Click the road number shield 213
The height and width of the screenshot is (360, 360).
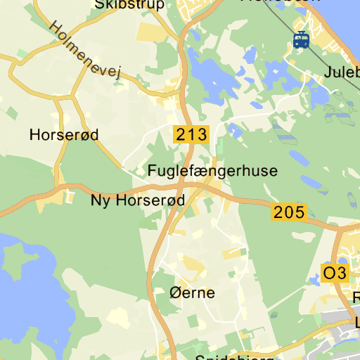(x=192, y=134)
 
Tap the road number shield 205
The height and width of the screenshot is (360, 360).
(x=290, y=212)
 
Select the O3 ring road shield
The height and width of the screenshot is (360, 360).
(x=335, y=274)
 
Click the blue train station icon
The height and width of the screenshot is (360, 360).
(x=302, y=40)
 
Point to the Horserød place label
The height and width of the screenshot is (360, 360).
(x=64, y=134)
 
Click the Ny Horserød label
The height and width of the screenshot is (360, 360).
(x=138, y=200)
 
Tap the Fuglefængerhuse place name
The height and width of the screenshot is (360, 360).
(x=212, y=171)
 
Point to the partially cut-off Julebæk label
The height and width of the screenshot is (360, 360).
(x=342, y=72)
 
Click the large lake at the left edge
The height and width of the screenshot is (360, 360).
(x=21, y=281)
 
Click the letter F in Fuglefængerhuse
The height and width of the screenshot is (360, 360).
(x=152, y=171)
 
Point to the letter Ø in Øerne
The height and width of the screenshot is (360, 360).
(x=176, y=292)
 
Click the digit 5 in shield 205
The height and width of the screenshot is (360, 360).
(x=300, y=212)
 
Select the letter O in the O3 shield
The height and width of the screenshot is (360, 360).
(x=329, y=274)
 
